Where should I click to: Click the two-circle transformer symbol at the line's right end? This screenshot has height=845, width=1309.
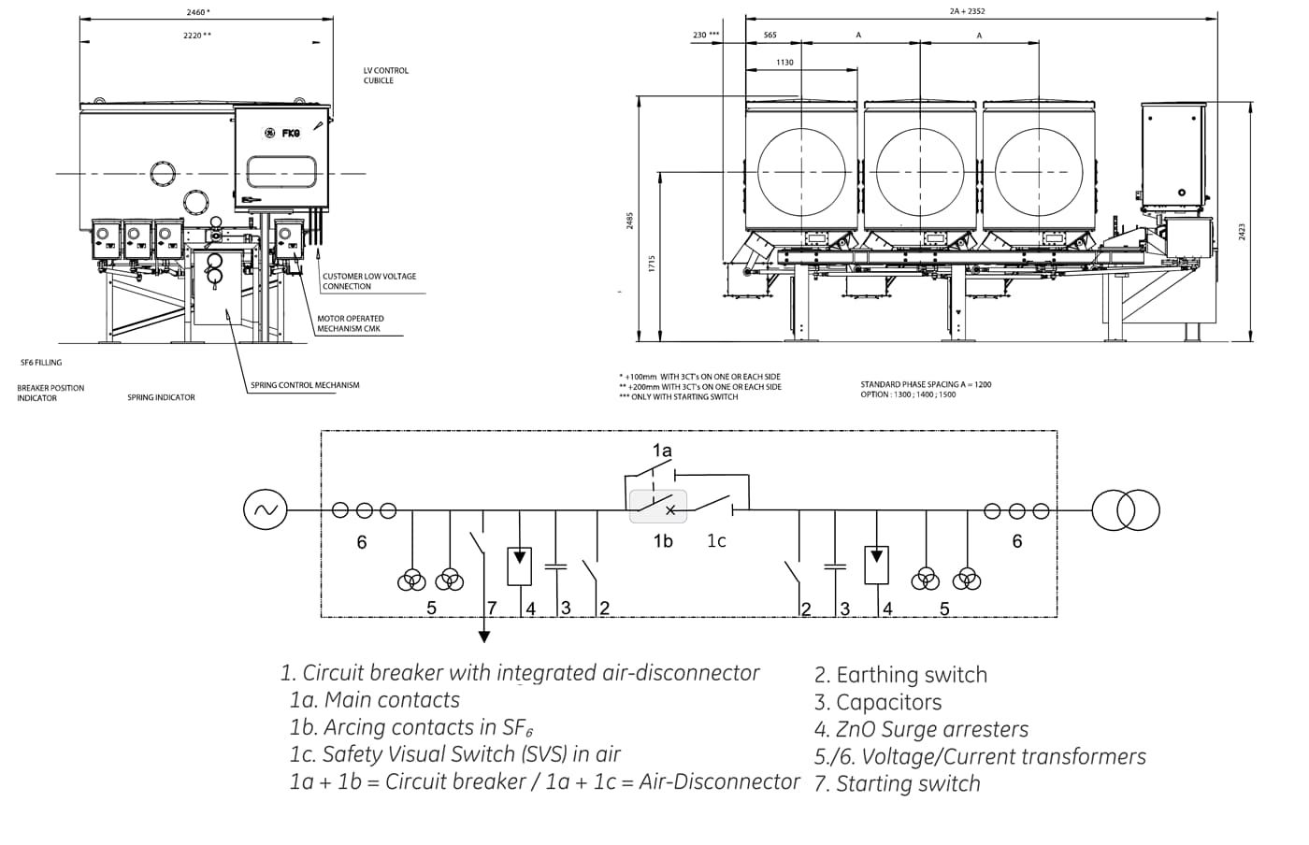point(1126,510)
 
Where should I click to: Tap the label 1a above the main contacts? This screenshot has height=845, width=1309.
point(662,451)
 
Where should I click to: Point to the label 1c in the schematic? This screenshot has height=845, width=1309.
point(716,541)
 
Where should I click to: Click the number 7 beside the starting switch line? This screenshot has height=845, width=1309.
point(492,609)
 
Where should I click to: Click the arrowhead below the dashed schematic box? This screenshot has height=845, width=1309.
point(484,637)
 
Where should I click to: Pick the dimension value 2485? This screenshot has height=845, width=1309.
point(629,221)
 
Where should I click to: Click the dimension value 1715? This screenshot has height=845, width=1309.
point(652,264)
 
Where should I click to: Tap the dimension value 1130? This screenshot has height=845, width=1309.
point(784,63)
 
